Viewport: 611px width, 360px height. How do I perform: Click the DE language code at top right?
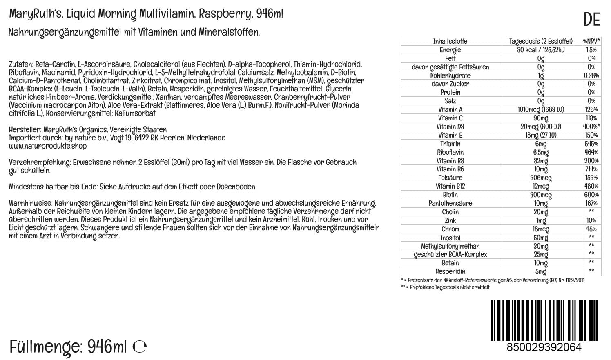[592, 20]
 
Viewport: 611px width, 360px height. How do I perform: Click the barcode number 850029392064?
[544, 347]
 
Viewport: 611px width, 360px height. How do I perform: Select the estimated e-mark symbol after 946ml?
[140, 347]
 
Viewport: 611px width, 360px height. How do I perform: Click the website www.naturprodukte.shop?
[47, 146]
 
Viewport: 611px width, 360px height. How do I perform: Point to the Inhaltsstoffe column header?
[450, 41]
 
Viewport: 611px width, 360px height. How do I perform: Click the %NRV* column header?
[591, 41]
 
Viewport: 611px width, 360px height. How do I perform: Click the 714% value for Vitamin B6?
[591, 169]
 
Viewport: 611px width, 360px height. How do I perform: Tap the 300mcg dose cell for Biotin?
[541, 195]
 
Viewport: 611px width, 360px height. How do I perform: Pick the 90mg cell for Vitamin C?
[541, 118]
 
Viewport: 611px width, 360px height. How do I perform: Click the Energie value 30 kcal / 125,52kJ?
[541, 50]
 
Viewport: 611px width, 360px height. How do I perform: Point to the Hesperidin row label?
[450, 271]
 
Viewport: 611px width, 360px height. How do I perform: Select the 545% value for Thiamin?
[591, 144]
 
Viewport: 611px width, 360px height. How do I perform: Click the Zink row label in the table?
[450, 220]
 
